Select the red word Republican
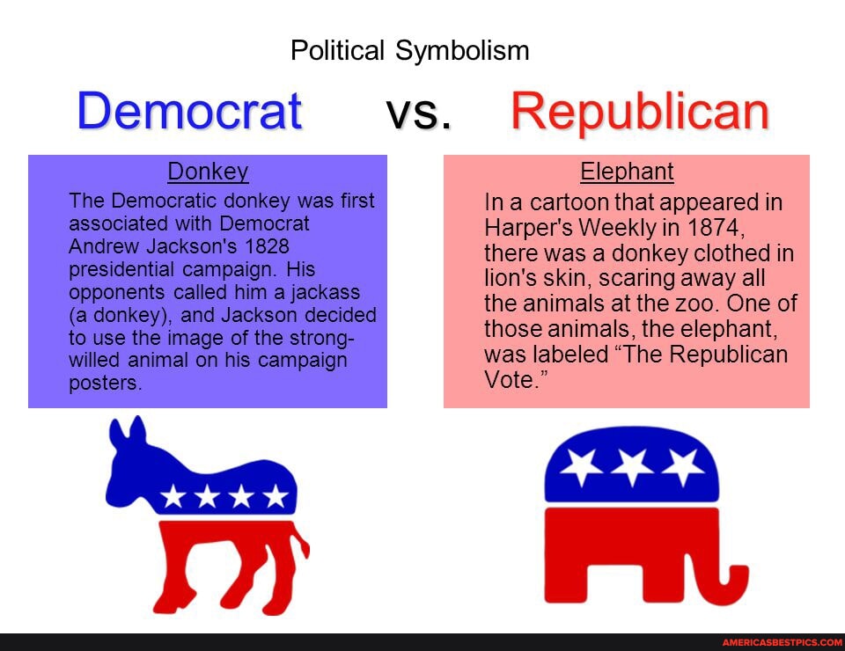click(640, 112)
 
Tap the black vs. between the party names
click(418, 113)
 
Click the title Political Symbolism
click(409, 51)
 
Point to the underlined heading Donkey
click(208, 172)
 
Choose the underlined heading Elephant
click(627, 172)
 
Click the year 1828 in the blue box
click(267, 246)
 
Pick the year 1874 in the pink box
click(715, 227)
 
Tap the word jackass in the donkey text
click(326, 292)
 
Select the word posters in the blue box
click(105, 383)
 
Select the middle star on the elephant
click(632, 465)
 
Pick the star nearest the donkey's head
click(173, 496)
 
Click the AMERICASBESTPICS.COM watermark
click(783, 642)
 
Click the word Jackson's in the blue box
click(191, 246)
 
